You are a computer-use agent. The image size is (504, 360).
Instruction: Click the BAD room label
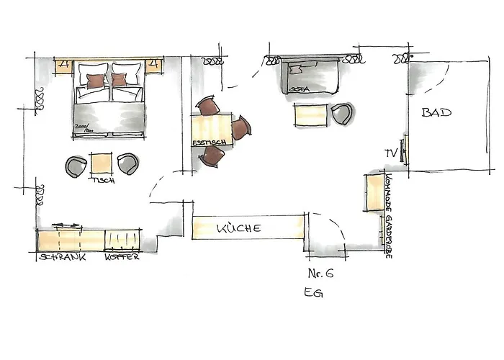point(436,113)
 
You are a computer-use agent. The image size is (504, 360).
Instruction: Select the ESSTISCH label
point(209,143)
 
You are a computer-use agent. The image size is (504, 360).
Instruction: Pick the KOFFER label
point(122,257)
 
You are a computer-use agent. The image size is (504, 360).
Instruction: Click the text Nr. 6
point(320,273)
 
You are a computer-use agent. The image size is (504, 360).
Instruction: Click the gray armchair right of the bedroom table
point(129,164)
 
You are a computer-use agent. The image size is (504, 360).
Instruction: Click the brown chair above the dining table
point(208,106)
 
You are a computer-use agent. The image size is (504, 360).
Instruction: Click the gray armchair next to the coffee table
point(342,113)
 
